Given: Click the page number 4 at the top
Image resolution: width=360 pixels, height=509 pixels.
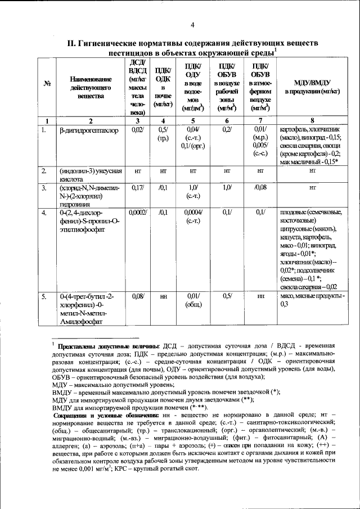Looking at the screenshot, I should click(192, 25).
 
